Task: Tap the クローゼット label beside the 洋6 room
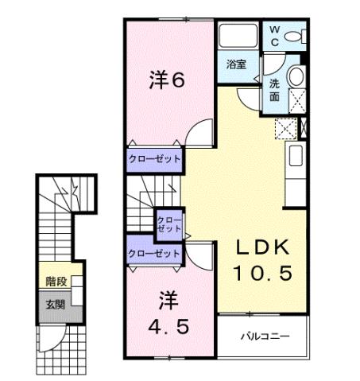tap(156, 159)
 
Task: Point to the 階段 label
tap(56, 280)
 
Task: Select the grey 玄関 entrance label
tap(55, 303)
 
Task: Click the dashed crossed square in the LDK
tap(284, 126)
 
